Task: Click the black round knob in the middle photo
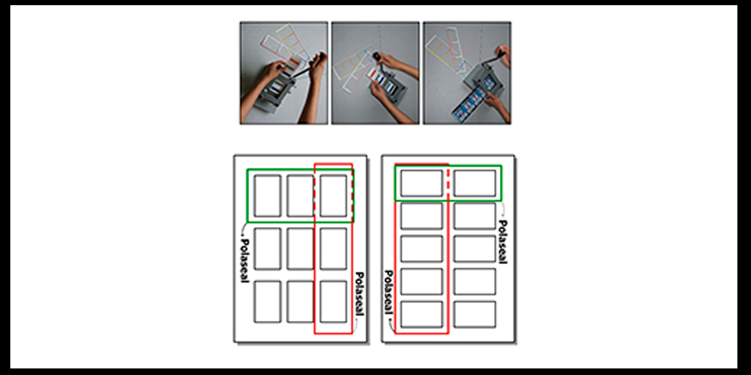coord(377,56)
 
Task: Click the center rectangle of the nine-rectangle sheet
coord(300,249)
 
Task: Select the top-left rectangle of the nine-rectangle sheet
coord(267,196)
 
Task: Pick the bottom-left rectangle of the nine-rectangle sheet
coord(267,302)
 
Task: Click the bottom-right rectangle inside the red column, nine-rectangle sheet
coord(333,302)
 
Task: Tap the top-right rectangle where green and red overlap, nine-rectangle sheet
coord(333,196)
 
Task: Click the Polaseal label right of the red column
coord(359,293)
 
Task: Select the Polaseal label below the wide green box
coord(245,261)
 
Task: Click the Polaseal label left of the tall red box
coord(389,292)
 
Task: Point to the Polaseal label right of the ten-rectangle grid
coord(503,242)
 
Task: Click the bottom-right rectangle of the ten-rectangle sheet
coord(475,315)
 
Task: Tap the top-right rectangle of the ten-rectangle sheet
coord(475,183)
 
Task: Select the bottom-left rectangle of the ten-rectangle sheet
coord(421,315)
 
